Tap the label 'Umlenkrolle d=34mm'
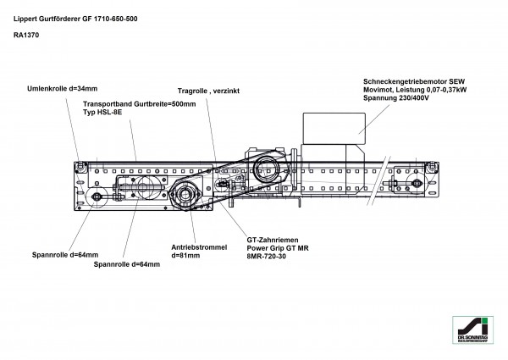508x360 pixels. click(63, 88)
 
